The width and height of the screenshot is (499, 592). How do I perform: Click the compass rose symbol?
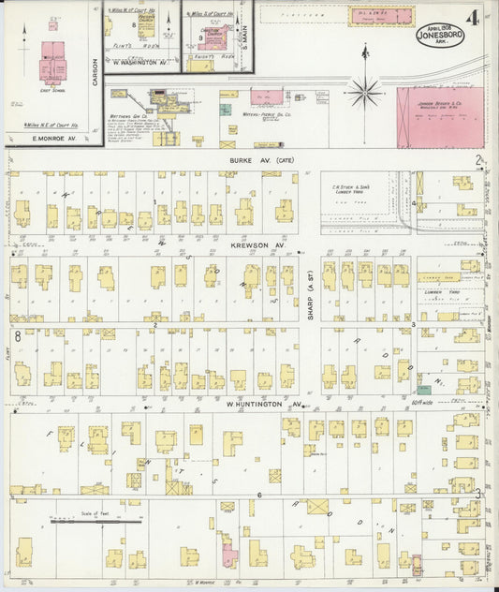(x=363, y=91)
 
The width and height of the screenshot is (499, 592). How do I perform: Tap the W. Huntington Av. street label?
(x=265, y=405)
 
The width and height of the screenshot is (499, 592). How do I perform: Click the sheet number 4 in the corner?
(x=477, y=18)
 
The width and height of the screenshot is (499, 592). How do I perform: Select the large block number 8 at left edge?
(x=17, y=334)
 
